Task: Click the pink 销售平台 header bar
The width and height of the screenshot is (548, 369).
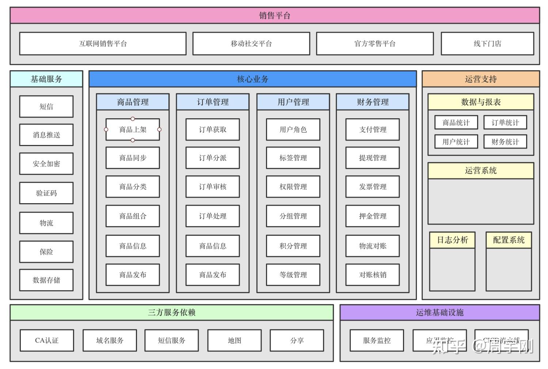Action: click(x=274, y=15)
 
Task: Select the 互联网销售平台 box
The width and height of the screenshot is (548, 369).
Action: click(x=103, y=44)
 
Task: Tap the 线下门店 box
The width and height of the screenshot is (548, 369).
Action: click(x=487, y=44)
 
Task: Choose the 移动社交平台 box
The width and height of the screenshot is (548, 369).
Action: click(x=251, y=44)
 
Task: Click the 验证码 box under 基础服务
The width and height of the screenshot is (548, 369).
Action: click(x=46, y=193)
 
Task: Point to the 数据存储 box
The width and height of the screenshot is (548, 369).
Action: click(x=46, y=280)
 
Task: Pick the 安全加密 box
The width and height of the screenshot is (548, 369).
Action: click(x=46, y=164)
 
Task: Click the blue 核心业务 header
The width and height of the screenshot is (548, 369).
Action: click(x=252, y=79)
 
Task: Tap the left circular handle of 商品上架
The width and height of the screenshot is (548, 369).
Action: click(x=106, y=130)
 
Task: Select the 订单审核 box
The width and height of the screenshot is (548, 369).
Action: click(x=213, y=187)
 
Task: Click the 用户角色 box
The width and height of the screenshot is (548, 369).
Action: click(x=293, y=130)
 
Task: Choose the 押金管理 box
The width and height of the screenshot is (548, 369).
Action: click(x=373, y=216)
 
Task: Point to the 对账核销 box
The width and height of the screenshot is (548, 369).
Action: click(x=373, y=275)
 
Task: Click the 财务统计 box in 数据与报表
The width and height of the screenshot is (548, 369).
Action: click(x=505, y=142)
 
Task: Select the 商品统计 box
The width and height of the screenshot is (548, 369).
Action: click(x=456, y=123)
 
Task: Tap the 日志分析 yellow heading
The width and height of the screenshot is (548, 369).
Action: click(x=452, y=240)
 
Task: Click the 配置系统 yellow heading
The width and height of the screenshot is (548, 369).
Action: click(x=509, y=240)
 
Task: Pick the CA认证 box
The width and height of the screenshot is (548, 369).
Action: click(x=47, y=340)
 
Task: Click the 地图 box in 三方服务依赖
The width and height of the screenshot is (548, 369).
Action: click(x=235, y=340)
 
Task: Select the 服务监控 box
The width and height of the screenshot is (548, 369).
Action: click(x=377, y=340)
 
